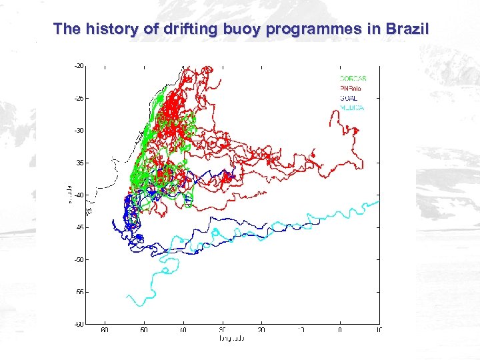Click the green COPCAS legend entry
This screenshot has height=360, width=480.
point(353,79)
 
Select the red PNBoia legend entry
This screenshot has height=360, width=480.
point(353,88)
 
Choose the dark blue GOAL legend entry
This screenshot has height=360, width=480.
point(349,98)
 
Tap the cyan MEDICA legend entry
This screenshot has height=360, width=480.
point(352,107)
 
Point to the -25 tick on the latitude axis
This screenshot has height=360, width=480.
point(79,98)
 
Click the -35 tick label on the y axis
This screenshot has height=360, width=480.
point(79,163)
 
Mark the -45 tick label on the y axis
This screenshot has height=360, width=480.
point(79,227)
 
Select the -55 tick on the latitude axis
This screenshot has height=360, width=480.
point(79,292)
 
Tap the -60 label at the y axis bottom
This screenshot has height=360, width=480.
point(79,325)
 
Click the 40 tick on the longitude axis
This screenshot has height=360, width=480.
point(183,330)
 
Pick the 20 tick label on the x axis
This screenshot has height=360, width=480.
point(262,330)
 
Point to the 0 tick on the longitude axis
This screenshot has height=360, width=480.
point(340,330)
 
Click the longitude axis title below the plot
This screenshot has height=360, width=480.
point(232,339)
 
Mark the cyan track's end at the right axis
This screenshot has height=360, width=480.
point(378,201)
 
